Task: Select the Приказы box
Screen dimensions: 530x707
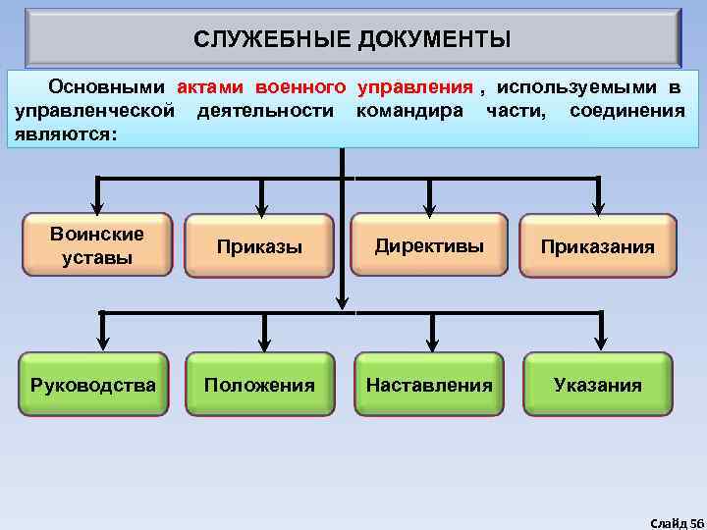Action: click(259, 247)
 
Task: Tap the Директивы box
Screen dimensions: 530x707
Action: click(429, 245)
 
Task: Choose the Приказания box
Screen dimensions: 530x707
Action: click(597, 247)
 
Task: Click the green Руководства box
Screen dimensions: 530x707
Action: click(92, 385)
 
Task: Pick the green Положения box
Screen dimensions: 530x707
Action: click(259, 385)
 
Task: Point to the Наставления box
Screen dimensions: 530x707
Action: click(429, 385)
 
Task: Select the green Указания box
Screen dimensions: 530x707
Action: click(597, 385)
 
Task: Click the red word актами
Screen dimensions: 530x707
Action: click(209, 87)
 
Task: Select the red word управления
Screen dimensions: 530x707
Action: click(415, 87)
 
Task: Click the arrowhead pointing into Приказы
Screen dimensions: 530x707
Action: click(260, 208)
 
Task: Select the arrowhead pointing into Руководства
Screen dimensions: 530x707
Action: click(100, 344)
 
